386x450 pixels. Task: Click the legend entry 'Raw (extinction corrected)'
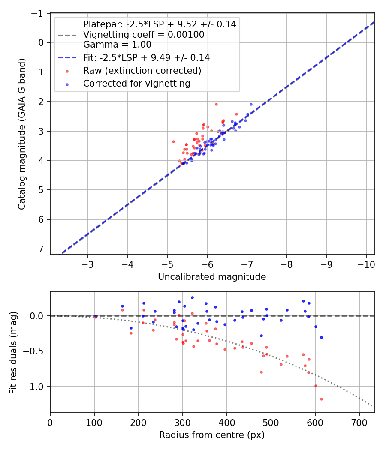click(142, 70)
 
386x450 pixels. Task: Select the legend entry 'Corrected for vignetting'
click(136, 84)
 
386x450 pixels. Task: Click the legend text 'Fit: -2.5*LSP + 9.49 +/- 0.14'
click(146, 57)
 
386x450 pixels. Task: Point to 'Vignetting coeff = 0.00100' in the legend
click(144, 34)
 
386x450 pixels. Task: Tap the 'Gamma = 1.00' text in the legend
click(117, 44)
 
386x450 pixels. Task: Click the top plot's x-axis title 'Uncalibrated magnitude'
click(212, 277)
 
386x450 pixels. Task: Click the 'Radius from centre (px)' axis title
click(212, 435)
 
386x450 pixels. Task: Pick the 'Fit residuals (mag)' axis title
click(13, 352)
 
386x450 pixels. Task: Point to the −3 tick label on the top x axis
click(87, 264)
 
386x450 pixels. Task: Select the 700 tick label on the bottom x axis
click(359, 423)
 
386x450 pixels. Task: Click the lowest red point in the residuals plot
click(321, 399)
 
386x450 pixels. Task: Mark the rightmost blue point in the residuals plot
click(321, 337)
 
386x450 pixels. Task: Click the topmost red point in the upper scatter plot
click(216, 104)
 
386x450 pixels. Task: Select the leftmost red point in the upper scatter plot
click(173, 141)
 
